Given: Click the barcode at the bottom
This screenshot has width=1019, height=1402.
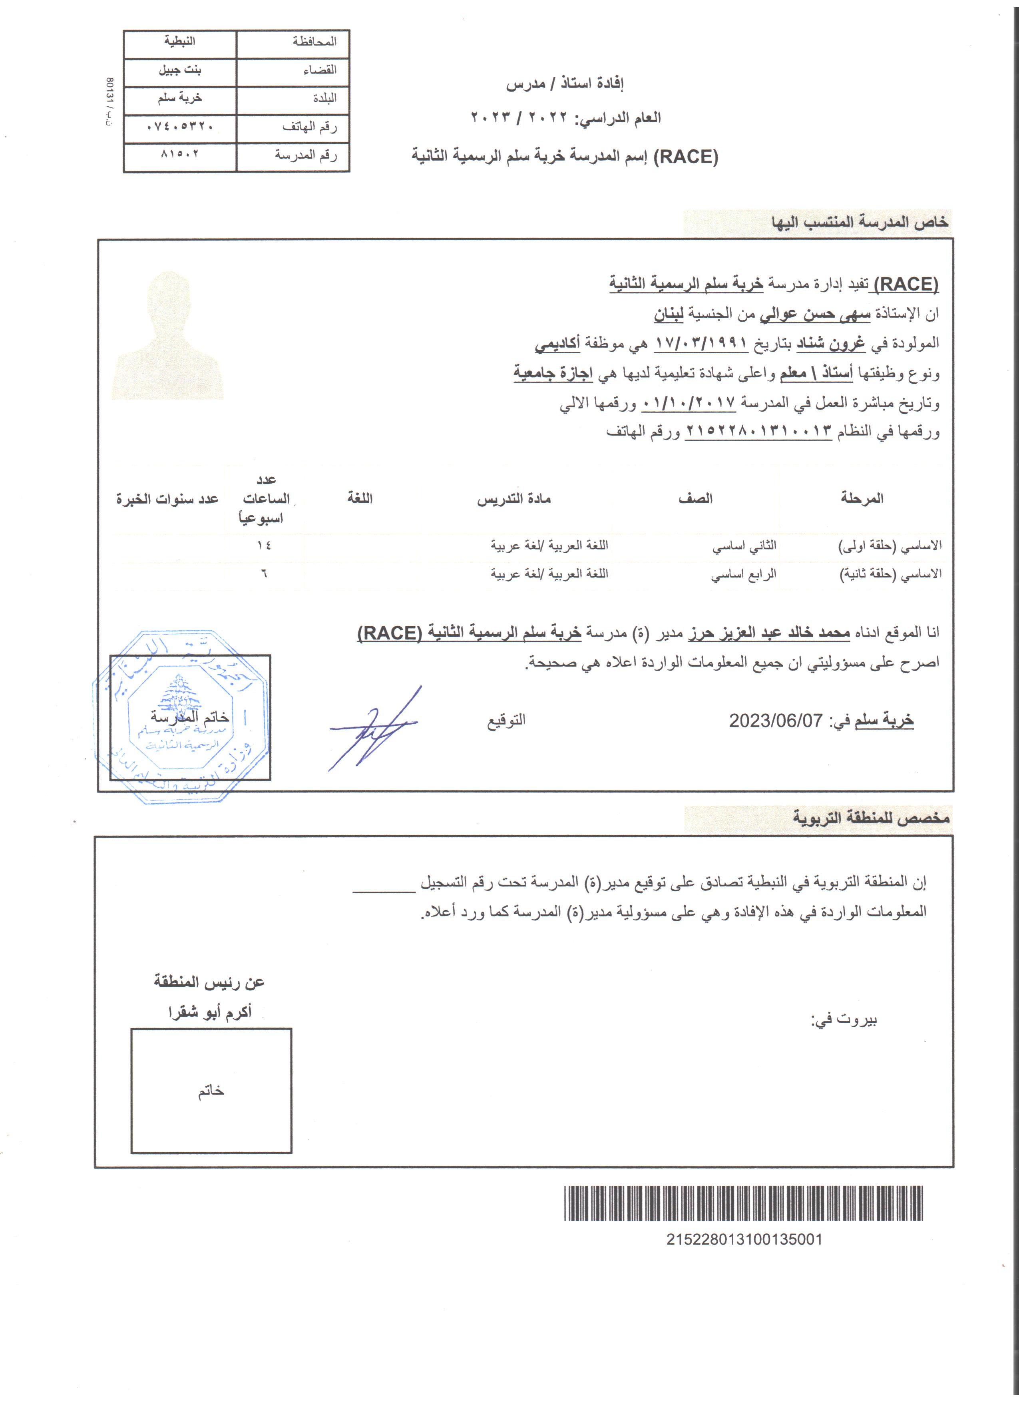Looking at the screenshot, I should pos(743,1203).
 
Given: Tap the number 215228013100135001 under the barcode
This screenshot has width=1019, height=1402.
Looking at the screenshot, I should pos(744,1239).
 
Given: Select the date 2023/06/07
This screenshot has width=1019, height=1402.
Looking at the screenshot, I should pos(776,721).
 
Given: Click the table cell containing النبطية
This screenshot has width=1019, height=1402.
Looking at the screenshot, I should pos(180,42).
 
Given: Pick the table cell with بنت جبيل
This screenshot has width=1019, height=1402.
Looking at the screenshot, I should pos(180,70).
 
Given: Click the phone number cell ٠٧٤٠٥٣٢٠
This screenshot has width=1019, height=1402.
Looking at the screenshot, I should pos(180,127).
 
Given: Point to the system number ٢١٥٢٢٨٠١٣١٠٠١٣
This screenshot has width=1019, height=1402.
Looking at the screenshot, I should pos(759,432).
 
